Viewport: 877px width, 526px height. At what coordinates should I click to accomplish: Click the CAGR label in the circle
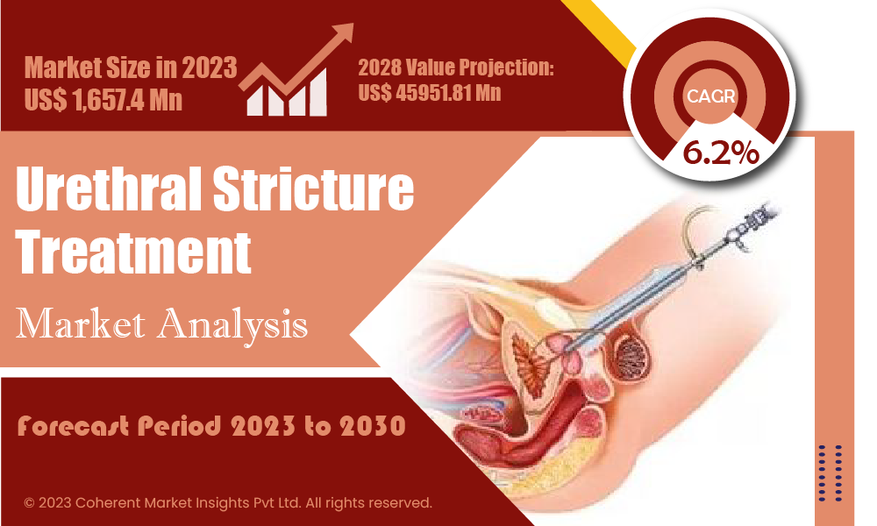[710, 96]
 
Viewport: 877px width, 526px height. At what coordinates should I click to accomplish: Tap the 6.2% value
[720, 153]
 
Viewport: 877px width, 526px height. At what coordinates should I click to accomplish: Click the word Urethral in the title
[109, 188]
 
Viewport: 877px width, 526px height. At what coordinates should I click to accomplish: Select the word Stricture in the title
[313, 188]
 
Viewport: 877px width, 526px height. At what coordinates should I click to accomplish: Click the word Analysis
[232, 324]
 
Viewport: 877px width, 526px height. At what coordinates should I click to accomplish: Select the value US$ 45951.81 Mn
[430, 93]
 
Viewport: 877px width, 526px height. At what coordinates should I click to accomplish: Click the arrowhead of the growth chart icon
[342, 32]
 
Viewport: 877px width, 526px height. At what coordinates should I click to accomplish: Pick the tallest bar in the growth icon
[317, 92]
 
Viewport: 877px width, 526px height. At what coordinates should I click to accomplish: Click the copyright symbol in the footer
[29, 503]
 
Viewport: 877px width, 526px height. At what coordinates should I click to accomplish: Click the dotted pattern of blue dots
[830, 473]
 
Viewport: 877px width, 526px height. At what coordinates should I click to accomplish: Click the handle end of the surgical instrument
[764, 214]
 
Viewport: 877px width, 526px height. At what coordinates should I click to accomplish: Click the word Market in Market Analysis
[81, 323]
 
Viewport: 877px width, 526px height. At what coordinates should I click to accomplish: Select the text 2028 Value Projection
[456, 68]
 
